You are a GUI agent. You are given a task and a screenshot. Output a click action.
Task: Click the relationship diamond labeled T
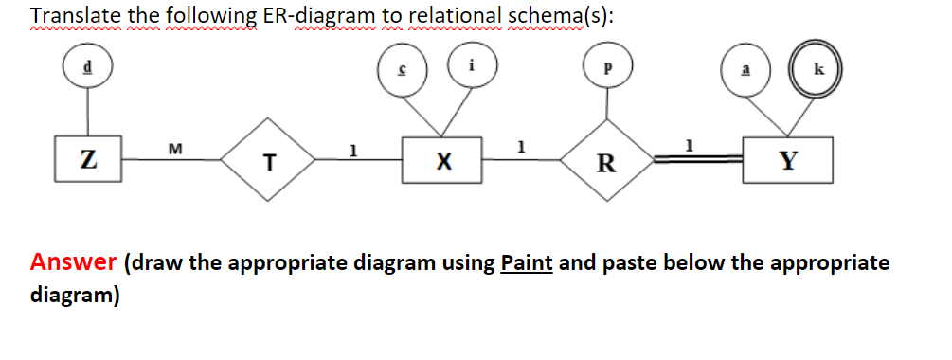[x=269, y=160]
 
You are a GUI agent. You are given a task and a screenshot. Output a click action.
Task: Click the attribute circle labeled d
[x=87, y=68]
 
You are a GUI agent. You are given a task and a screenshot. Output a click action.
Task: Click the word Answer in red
[x=73, y=262]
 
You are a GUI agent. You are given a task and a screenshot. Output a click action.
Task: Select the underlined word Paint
[x=526, y=262]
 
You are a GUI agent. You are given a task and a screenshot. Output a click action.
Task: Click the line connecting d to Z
[x=87, y=116]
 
